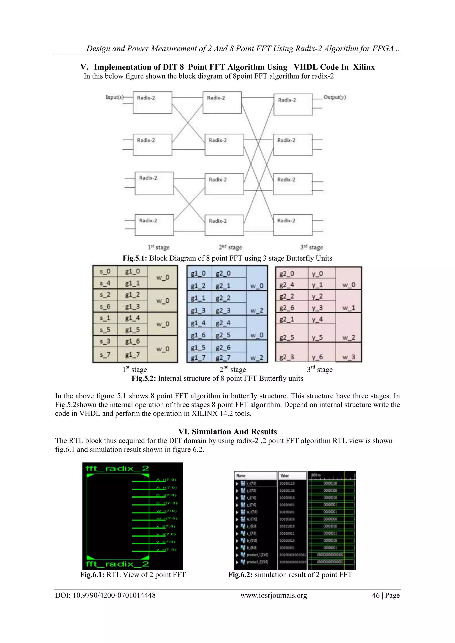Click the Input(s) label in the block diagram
[x=114, y=97]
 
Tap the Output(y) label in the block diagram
[x=335, y=97]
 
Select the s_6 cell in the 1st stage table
[x=105, y=306]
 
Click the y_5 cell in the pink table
[x=317, y=337]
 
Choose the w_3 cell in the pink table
[x=349, y=357]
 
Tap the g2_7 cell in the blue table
[x=223, y=358]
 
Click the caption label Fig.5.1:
[x=135, y=258]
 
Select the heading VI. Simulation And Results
[x=227, y=431]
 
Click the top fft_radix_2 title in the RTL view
[x=117, y=469]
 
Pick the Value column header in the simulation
[x=285, y=476]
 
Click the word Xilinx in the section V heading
[x=364, y=67]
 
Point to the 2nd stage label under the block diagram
[x=230, y=247]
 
